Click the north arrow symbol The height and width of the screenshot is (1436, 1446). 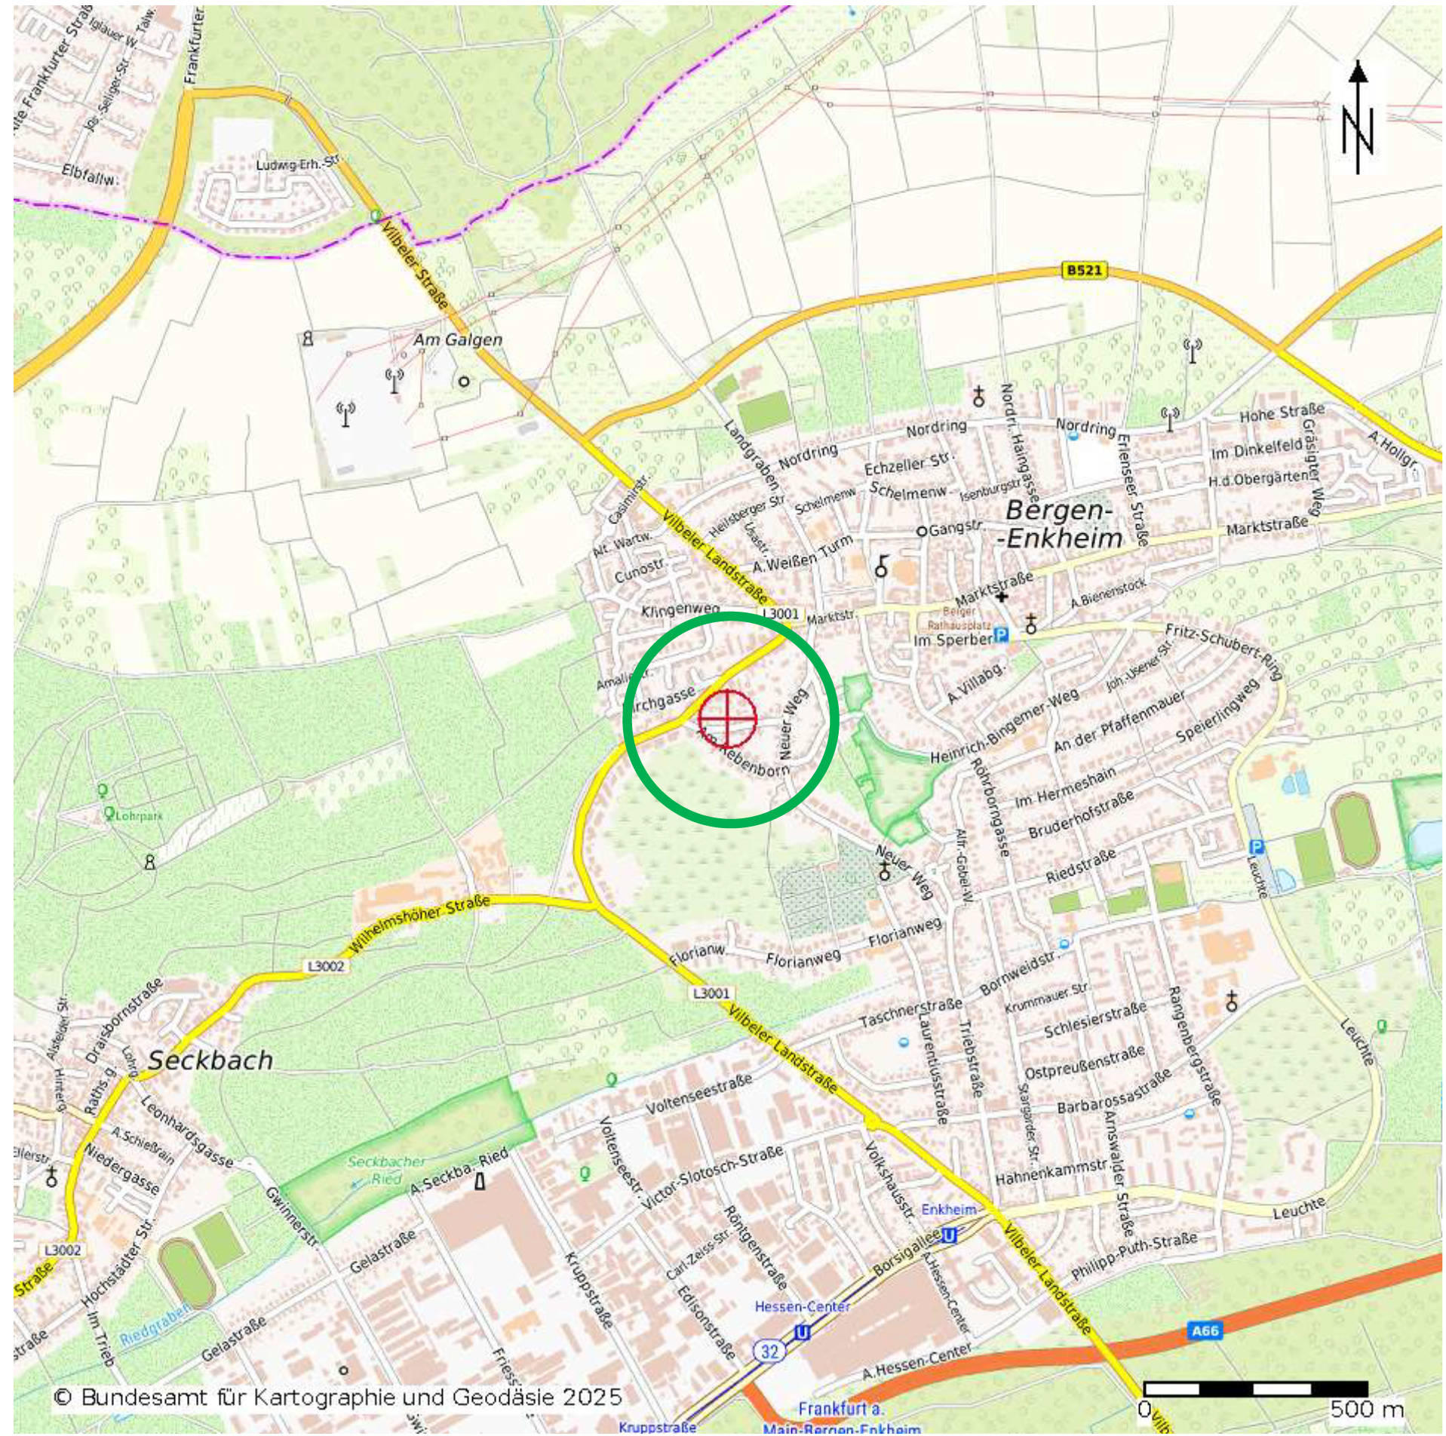click(1357, 117)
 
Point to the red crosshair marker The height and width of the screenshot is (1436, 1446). click(726, 718)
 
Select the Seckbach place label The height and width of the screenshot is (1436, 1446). click(210, 1060)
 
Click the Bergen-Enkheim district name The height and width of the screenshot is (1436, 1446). click(1062, 524)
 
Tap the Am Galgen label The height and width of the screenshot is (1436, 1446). click(457, 339)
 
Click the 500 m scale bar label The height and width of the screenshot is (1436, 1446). click(1366, 1408)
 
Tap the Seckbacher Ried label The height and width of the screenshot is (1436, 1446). click(385, 1170)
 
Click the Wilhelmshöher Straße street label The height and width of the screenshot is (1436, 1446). click(419, 925)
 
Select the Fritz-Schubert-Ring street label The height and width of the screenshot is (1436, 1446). click(1225, 651)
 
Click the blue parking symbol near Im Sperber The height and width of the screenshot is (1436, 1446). click(1000, 635)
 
